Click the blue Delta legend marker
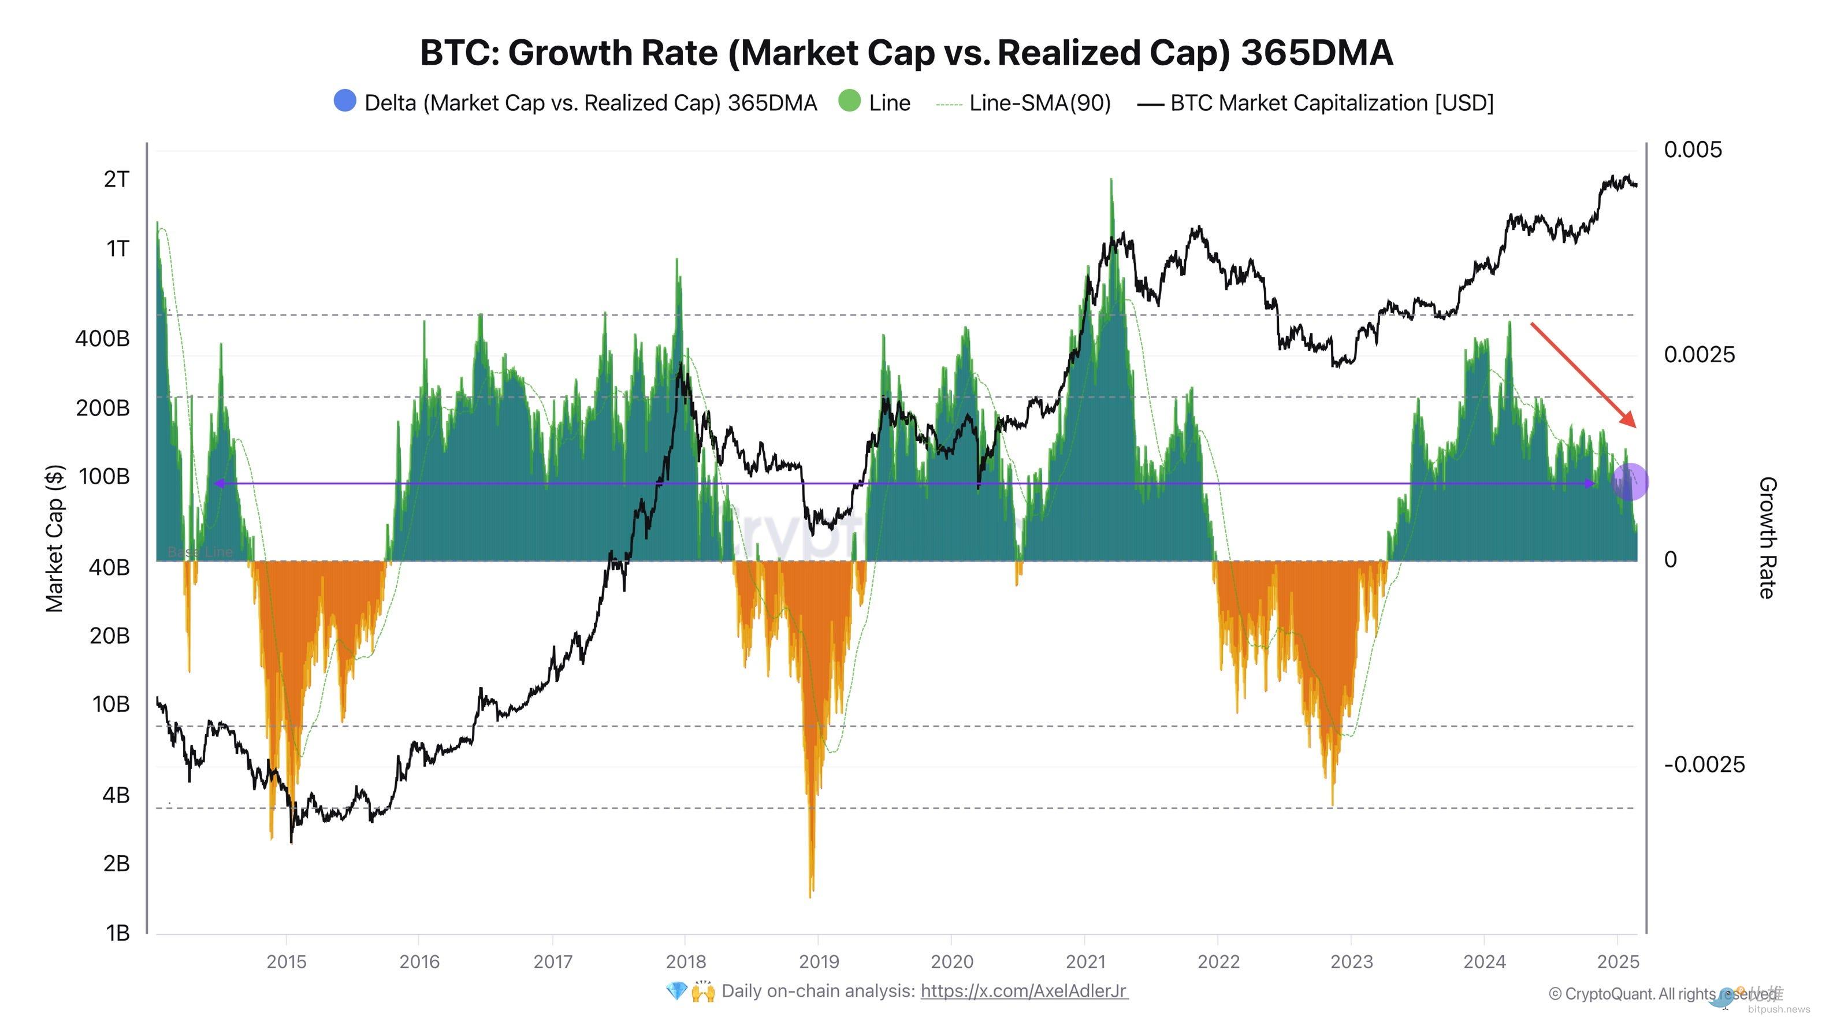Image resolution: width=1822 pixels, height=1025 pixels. [344, 101]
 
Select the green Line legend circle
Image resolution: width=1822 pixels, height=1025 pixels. [849, 101]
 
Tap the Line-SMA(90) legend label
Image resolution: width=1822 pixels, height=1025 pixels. [1039, 103]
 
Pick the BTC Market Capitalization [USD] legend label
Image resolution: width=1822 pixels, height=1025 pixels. [1331, 103]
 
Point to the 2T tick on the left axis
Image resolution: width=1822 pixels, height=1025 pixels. [117, 180]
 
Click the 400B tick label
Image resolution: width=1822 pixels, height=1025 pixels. [103, 339]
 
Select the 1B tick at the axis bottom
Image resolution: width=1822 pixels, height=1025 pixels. [117, 933]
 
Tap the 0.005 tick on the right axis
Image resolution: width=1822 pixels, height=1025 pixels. [1693, 150]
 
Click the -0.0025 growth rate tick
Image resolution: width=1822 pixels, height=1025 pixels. [1704, 764]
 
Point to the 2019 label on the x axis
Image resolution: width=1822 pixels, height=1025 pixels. [819, 962]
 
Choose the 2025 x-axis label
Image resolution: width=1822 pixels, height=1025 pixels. [1618, 962]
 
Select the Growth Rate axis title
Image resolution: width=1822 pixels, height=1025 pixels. [1766, 537]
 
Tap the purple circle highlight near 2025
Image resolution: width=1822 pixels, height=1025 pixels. [1630, 482]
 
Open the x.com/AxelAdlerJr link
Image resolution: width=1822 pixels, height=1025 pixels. [1024, 991]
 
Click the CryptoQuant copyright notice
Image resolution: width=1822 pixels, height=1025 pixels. [1662, 994]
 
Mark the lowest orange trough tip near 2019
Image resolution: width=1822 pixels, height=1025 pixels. [810, 896]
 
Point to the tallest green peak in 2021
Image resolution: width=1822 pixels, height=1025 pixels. [1111, 180]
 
